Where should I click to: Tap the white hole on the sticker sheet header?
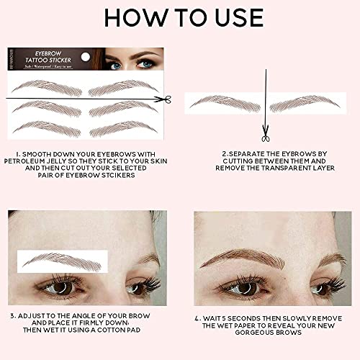86,55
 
